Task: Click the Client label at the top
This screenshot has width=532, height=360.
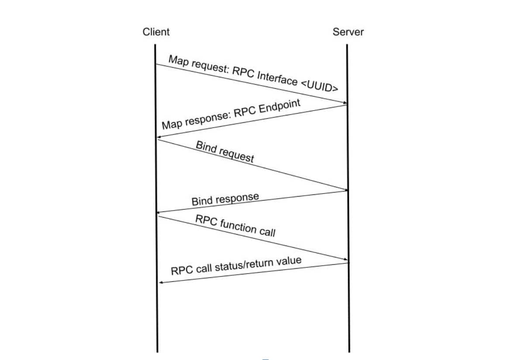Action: coord(156,32)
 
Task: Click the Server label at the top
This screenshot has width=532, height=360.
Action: coord(348,32)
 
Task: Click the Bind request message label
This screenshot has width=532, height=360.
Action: coord(225,152)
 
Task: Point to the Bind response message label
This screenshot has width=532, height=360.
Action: coord(225,199)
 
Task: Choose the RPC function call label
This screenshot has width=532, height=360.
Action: coord(235,225)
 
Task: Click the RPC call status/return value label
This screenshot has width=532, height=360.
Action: coord(236,266)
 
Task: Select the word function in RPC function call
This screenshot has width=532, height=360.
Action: coord(238,226)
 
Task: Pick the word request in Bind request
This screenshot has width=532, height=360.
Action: coord(236,154)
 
